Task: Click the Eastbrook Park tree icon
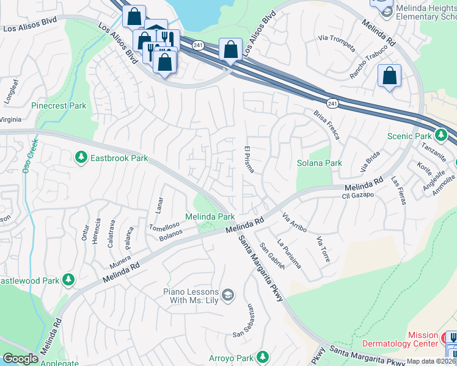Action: (81, 158)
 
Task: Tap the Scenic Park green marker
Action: (440, 135)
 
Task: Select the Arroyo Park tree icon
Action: (263, 356)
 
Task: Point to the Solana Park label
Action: (319, 163)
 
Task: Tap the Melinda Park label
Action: (210, 217)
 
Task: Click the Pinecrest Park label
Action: (59, 106)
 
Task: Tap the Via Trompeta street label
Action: (337, 38)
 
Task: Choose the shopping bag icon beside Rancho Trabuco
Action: (389, 76)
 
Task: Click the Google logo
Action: (20, 359)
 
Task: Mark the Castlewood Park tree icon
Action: (68, 279)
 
